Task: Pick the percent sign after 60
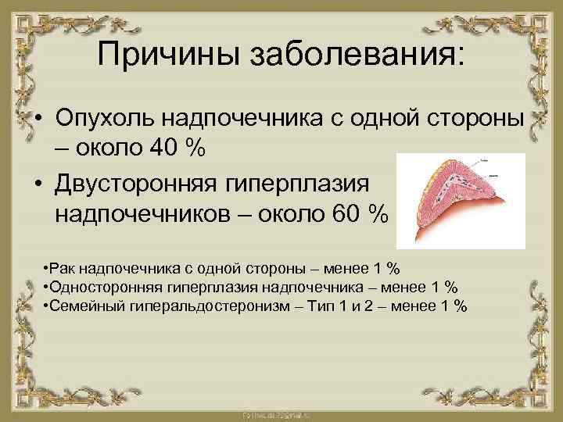coord(378,213)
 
